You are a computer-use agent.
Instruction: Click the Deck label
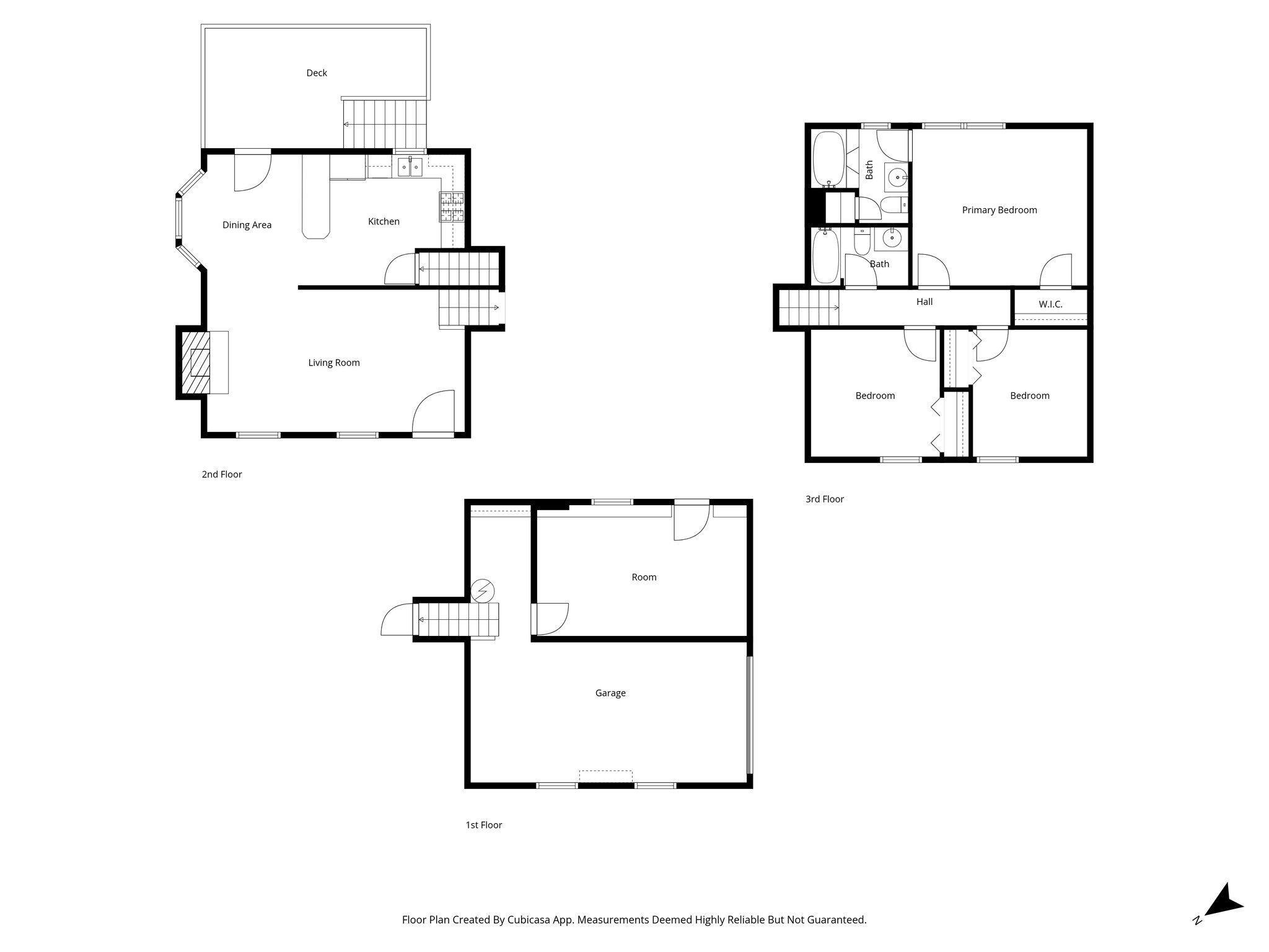pos(317,73)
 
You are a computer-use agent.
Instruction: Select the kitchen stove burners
pos(452,207)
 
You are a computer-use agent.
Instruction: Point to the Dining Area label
pos(247,225)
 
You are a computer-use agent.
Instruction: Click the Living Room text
pos(334,363)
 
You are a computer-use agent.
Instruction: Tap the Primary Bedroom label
pos(999,210)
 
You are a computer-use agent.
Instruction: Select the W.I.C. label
pos(1050,304)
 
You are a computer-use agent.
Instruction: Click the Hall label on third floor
pos(924,302)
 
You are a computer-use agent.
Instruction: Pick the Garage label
pos(610,693)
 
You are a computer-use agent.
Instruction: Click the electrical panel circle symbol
pos(483,591)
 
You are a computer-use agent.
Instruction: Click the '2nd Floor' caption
pos(222,474)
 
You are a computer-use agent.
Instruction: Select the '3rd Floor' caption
pos(824,499)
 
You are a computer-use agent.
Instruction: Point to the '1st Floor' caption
pos(483,825)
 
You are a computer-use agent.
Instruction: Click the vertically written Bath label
pos(869,170)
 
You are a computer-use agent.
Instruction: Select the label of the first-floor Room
pos(644,577)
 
